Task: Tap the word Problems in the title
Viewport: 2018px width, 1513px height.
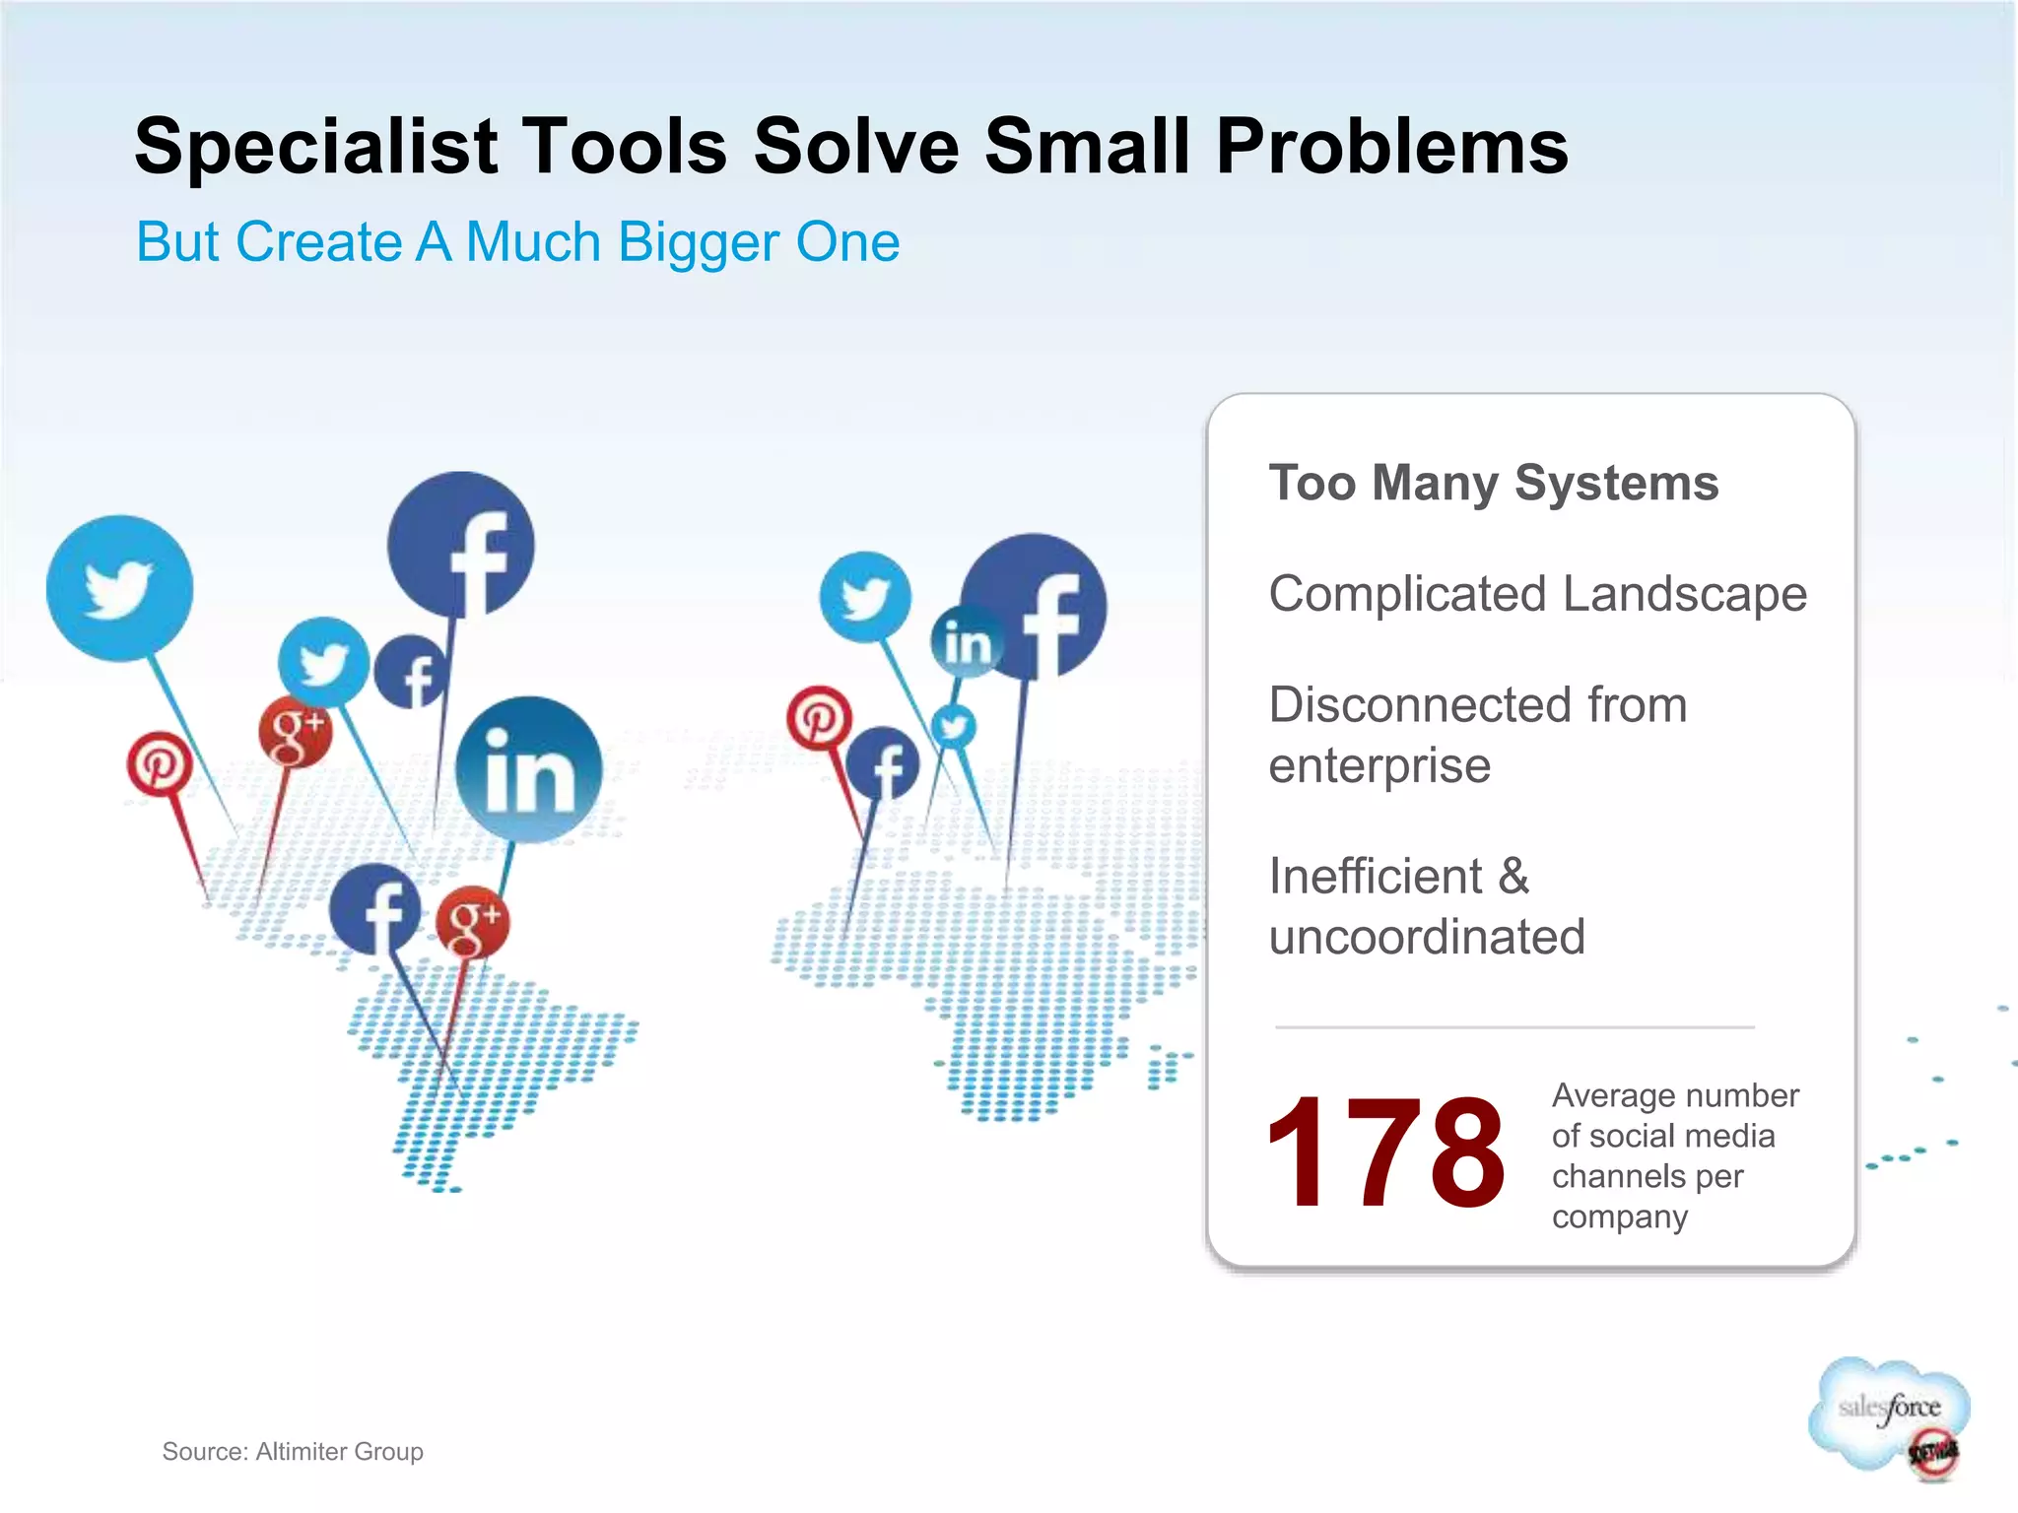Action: [x=1391, y=147]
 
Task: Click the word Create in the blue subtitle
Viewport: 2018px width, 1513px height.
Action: [x=319, y=242]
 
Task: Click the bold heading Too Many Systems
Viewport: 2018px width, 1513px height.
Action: [x=1493, y=483]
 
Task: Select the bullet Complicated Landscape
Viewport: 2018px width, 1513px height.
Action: [x=1537, y=594]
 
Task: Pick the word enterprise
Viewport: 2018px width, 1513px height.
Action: [x=1379, y=765]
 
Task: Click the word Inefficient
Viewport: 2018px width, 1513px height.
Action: [x=1376, y=876]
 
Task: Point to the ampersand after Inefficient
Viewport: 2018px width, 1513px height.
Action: [x=1514, y=876]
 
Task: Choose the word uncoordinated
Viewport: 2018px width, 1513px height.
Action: [x=1427, y=937]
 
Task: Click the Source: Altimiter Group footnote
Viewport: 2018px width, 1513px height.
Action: [x=293, y=1451]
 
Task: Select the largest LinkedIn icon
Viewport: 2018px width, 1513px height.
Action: [x=529, y=769]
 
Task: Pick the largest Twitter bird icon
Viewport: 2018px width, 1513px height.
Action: [x=119, y=588]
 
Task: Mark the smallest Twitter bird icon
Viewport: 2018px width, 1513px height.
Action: [x=953, y=727]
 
